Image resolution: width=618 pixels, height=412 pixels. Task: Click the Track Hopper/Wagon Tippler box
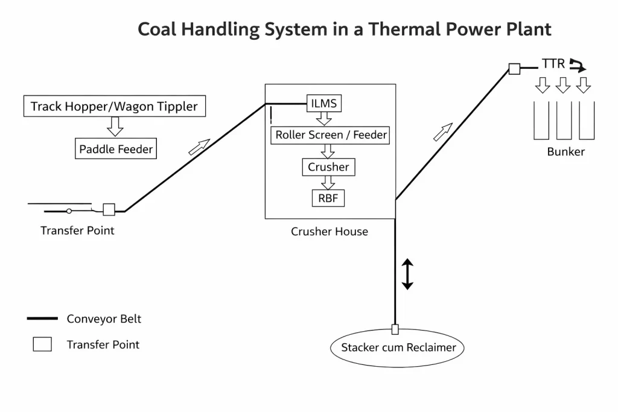[x=115, y=107]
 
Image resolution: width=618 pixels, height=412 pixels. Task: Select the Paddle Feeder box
[x=116, y=149]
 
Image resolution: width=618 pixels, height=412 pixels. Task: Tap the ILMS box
[x=323, y=103]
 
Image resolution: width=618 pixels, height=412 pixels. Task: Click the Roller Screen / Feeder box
[x=331, y=135]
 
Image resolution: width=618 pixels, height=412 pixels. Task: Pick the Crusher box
[x=328, y=167]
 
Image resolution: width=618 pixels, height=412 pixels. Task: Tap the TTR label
[x=553, y=64]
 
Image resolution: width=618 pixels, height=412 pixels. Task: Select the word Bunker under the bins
[x=565, y=152]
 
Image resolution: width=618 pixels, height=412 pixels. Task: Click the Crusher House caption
[x=330, y=232]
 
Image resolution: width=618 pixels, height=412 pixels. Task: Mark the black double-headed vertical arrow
[x=407, y=274]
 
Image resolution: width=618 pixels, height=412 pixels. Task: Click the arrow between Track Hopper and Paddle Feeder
[x=115, y=127]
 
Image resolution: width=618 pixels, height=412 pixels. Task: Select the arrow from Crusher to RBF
[x=328, y=183]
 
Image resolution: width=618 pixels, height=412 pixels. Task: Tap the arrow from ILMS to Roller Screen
[x=324, y=118]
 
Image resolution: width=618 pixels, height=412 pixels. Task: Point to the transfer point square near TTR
[x=514, y=69]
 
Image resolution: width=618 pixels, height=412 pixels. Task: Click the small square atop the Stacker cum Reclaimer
[x=395, y=329]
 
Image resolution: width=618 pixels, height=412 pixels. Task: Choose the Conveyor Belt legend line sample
[x=42, y=319]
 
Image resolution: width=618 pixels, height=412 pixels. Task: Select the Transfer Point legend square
[x=42, y=344]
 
